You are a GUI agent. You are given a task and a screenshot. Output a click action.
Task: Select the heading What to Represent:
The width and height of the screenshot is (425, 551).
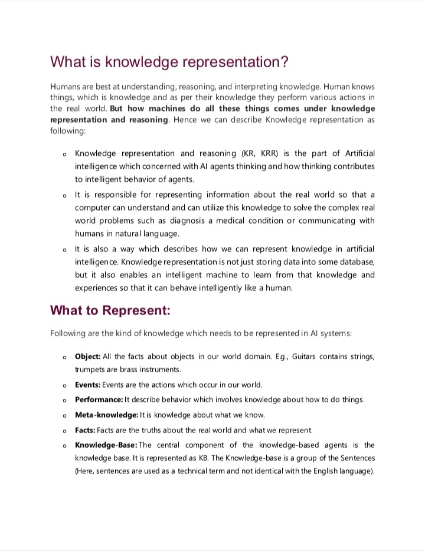tap(110, 310)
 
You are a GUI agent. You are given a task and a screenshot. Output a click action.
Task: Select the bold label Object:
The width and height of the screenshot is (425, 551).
tap(88, 357)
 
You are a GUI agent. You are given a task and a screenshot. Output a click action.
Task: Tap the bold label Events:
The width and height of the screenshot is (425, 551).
tap(88, 385)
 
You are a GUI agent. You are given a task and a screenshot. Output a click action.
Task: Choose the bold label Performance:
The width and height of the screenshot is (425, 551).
tap(99, 399)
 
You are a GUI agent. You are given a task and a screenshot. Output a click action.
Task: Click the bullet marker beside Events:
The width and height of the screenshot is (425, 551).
tap(64, 385)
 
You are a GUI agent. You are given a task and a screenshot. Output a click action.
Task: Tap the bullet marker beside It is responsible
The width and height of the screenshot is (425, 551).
tap(64, 195)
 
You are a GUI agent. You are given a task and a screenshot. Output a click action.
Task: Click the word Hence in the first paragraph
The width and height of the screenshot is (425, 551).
tap(185, 120)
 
